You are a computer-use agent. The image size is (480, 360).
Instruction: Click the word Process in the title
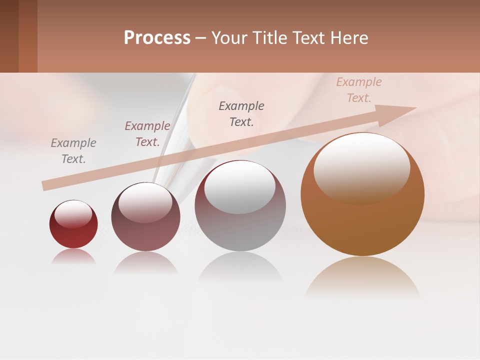[x=157, y=38]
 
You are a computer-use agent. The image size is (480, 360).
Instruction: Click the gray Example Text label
[x=73, y=151]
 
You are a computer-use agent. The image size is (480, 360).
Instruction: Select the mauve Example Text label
[x=147, y=134]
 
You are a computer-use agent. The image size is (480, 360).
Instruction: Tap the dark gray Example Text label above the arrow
[x=241, y=113]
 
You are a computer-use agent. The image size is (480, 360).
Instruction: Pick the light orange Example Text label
[x=358, y=90]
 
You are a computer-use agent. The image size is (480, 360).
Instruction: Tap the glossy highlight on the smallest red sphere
[x=73, y=214]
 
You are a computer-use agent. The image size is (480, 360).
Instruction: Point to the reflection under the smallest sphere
[x=73, y=256]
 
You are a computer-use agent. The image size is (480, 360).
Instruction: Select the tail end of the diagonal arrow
[x=46, y=185]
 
